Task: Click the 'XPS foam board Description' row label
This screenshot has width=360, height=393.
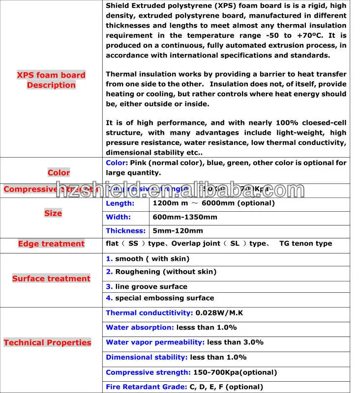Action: (51, 80)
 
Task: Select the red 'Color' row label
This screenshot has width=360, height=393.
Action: (59, 172)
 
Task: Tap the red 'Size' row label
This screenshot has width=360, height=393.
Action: (53, 213)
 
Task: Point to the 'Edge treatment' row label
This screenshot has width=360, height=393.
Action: (51, 244)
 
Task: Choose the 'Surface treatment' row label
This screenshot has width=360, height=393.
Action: (51, 279)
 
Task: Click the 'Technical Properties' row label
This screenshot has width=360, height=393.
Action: (47, 342)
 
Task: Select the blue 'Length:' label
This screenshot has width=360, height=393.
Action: (120, 203)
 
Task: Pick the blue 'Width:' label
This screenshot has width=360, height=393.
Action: (119, 217)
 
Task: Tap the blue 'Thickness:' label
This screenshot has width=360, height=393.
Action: (126, 231)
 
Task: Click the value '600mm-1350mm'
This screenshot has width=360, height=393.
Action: (185, 217)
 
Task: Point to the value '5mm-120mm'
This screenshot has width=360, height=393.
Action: (178, 231)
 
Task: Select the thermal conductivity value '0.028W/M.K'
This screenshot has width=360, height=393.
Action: (219, 313)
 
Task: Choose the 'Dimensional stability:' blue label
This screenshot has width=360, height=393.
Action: (147, 357)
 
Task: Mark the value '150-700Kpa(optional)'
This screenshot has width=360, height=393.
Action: (235, 372)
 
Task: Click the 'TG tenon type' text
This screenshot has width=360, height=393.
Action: (305, 244)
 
